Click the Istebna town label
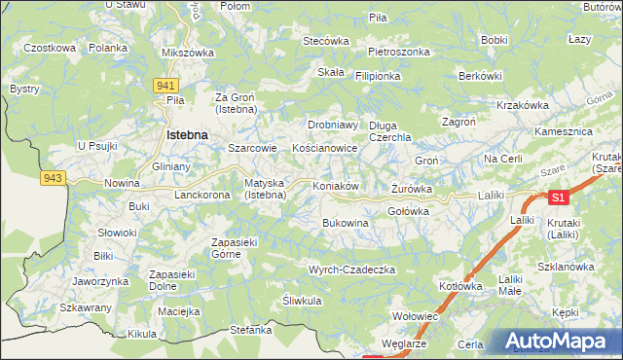click(x=189, y=135)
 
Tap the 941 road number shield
click(x=165, y=86)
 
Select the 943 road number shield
click(x=53, y=177)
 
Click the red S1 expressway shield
click(x=558, y=198)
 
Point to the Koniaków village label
click(x=337, y=186)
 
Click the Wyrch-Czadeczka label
click(x=350, y=269)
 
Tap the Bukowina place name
click(x=346, y=223)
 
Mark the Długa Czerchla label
click(x=390, y=131)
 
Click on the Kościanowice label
click(x=325, y=149)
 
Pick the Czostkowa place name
click(x=50, y=47)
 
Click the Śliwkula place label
click(x=302, y=301)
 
